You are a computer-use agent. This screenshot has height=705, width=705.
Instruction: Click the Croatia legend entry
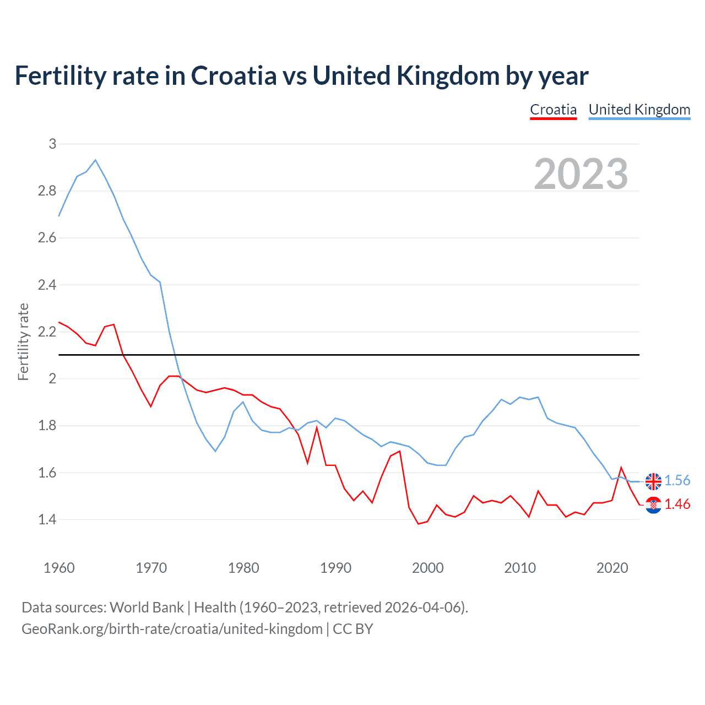(553, 110)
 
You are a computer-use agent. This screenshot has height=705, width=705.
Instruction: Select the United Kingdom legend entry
(639, 110)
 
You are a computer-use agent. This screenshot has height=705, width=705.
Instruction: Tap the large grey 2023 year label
(581, 174)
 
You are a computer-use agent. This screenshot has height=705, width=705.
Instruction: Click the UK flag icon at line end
(653, 481)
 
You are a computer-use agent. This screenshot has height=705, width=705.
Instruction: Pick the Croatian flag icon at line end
(653, 505)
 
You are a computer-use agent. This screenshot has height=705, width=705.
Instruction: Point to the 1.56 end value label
(677, 481)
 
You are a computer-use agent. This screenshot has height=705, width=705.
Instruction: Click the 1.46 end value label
(677, 505)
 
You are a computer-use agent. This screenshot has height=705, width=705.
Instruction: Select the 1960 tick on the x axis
(59, 568)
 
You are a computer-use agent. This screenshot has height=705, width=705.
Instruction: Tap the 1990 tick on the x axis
(335, 568)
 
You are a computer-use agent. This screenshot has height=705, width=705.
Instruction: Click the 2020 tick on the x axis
(612, 568)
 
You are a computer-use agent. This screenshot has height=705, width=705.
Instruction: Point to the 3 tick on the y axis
(52, 144)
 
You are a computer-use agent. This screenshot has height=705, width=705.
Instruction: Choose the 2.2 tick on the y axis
(47, 332)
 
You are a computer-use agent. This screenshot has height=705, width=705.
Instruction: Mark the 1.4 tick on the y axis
(47, 519)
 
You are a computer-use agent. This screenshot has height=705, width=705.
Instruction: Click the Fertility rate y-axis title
(23, 341)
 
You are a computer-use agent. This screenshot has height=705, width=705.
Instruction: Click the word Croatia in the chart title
(234, 76)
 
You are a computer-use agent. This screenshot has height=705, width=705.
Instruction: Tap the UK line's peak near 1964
(95, 160)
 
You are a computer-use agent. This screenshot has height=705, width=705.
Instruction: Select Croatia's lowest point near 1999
(419, 523)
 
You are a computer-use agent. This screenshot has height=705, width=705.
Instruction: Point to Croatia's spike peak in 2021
(621, 468)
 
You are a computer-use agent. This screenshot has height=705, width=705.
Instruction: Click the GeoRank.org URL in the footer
(172, 629)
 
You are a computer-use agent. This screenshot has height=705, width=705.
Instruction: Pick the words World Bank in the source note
(147, 608)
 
